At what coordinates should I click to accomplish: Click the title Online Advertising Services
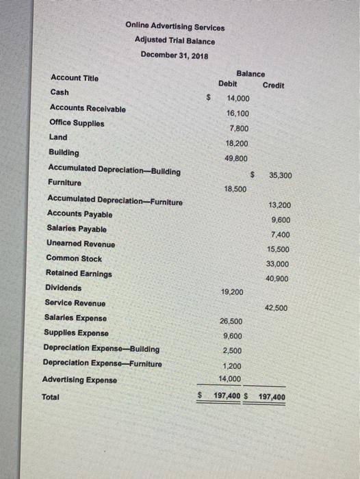tap(175, 27)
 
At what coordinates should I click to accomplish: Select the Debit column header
tap(227, 83)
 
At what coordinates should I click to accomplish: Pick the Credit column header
tap(274, 85)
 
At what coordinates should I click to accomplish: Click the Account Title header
tap(74, 78)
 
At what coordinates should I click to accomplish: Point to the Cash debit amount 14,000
tap(238, 99)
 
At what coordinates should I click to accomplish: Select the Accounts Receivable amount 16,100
tap(238, 114)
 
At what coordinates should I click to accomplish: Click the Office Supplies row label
tap(77, 122)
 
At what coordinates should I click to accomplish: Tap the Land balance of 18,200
tap(237, 144)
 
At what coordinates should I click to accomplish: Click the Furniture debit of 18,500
tap(235, 188)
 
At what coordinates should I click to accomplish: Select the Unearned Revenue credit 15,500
tap(279, 249)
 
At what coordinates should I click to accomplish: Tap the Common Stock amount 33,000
tap(278, 263)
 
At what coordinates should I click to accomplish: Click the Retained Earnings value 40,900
tap(278, 279)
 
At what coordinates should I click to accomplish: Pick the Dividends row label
tap(63, 288)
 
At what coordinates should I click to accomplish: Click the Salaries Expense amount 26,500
tap(231, 321)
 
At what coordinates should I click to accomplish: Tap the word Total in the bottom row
tap(51, 397)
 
